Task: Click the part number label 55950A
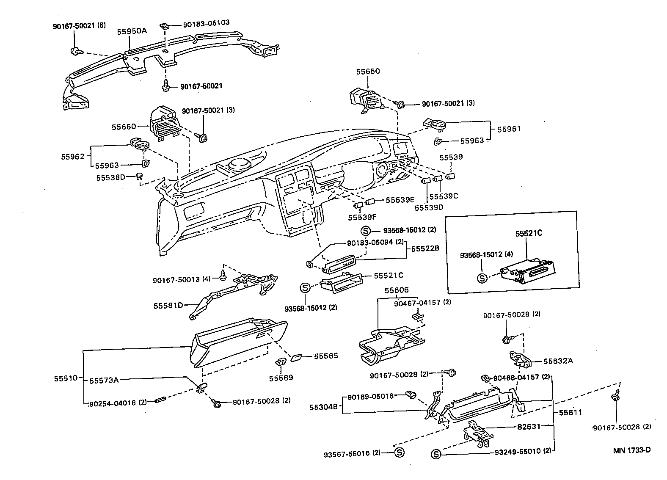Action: pyautogui.click(x=132, y=31)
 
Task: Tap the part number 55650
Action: pyautogui.click(x=367, y=72)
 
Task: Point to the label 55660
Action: pyautogui.click(x=124, y=127)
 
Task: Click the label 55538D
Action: pyautogui.click(x=110, y=177)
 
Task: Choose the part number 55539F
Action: pyautogui.click(x=362, y=217)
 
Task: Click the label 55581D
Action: pyautogui.click(x=168, y=305)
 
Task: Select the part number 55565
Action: pyautogui.click(x=325, y=356)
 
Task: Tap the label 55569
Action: pyautogui.click(x=281, y=378)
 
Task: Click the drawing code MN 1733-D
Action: pyautogui.click(x=632, y=450)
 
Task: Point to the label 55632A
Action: pyautogui.click(x=558, y=361)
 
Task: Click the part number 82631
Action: pyautogui.click(x=528, y=427)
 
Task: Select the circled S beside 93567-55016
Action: pyautogui.click(x=399, y=453)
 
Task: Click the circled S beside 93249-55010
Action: pyautogui.click(x=436, y=455)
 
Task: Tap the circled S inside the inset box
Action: pyautogui.click(x=481, y=278)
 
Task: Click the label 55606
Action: pyautogui.click(x=397, y=290)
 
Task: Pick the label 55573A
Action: pyautogui.click(x=104, y=380)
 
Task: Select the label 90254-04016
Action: pyautogui.click(x=113, y=403)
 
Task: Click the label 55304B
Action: pyautogui.click(x=323, y=407)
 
